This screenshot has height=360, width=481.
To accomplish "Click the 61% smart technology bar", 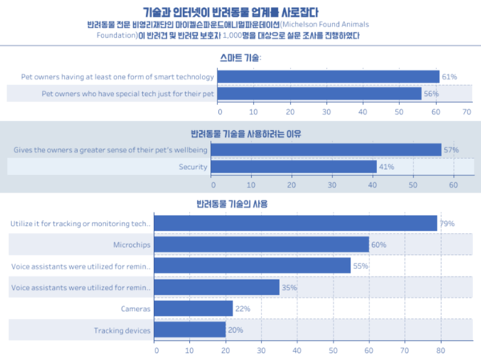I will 328,77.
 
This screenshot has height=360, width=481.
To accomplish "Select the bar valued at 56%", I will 319,94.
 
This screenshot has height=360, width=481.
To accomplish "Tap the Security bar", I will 293,167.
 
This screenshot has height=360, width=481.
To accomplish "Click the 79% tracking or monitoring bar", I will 295,223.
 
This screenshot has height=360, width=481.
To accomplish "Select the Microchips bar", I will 261,245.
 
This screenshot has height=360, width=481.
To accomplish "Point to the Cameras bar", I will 193,309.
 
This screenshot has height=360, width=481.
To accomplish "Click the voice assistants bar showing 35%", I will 216,287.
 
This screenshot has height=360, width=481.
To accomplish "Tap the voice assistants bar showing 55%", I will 253,265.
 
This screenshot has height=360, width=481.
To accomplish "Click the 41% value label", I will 386,167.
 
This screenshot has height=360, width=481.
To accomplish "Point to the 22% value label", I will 241,309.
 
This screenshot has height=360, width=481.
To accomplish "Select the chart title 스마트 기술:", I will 240,58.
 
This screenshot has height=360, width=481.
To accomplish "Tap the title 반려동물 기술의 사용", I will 240,204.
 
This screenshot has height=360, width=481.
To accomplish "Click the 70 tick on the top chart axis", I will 467,113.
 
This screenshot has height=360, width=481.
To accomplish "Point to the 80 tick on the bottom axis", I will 440,350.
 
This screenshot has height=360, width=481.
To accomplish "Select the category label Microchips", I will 131,245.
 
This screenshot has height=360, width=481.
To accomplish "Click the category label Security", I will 194,167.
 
